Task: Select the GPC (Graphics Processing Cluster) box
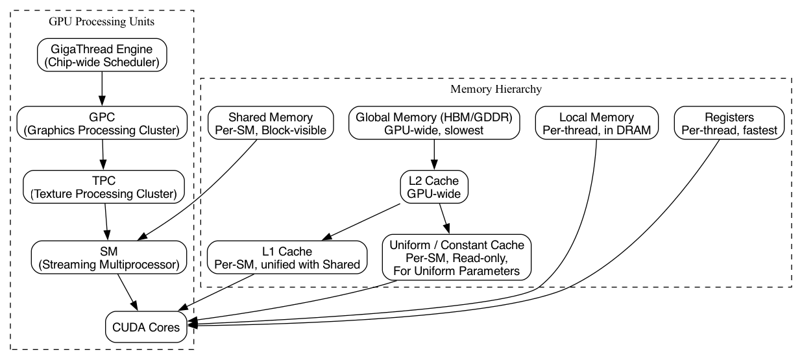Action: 102,123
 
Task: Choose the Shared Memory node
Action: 271,124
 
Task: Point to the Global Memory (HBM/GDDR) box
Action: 434,124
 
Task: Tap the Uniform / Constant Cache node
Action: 457,258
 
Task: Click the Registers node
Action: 729,124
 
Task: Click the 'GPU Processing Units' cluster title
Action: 102,21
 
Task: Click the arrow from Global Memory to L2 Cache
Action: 433,155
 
